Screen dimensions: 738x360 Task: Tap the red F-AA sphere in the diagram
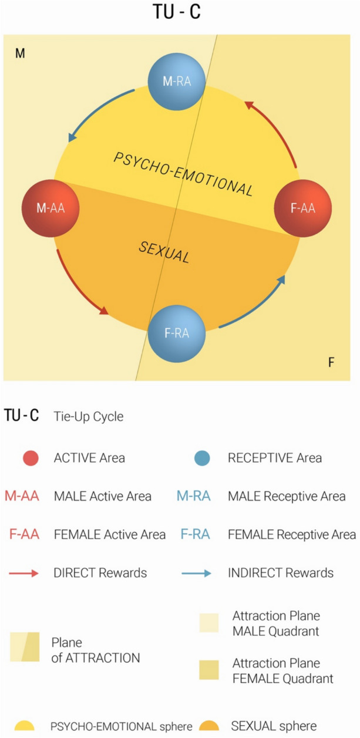pos(303,208)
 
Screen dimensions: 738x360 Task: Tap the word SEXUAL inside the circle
pos(164,252)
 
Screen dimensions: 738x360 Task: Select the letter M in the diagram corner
pos(20,54)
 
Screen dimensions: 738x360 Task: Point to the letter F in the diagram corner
pos(331,362)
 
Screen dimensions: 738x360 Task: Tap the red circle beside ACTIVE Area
pos(30,458)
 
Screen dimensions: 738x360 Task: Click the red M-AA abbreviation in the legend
pos(22,497)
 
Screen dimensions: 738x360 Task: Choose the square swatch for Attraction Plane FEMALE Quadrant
pos(208,670)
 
